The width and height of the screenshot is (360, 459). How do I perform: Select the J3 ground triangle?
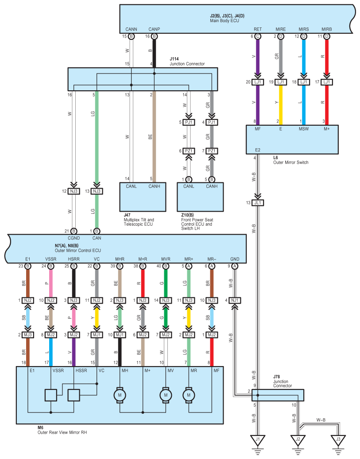pos(338,440)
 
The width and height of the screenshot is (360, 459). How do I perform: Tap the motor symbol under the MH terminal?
pos(120,395)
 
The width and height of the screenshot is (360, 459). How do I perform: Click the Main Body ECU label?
pos(225,21)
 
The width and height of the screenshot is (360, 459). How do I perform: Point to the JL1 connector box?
pos(258,203)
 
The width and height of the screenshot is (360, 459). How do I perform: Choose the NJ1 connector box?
pos(235,301)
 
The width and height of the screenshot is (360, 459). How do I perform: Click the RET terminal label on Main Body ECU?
pos(258,29)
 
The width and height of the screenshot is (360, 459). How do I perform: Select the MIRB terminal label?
pos(327,29)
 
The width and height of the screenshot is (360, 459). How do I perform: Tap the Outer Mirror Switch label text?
pos(291,162)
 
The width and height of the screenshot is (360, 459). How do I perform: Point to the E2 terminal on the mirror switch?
pos(257,150)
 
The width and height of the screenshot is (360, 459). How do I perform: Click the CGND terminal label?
pos(74,238)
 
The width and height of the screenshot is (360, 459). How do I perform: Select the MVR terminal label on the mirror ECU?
pos(166,259)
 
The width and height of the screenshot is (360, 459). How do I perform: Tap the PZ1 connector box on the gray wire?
pos(212,151)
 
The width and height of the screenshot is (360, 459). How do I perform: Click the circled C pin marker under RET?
pos(258,36)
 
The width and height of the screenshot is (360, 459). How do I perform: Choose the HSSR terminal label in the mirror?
pos(81,370)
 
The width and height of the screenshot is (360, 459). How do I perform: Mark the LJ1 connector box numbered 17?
pos(327,82)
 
